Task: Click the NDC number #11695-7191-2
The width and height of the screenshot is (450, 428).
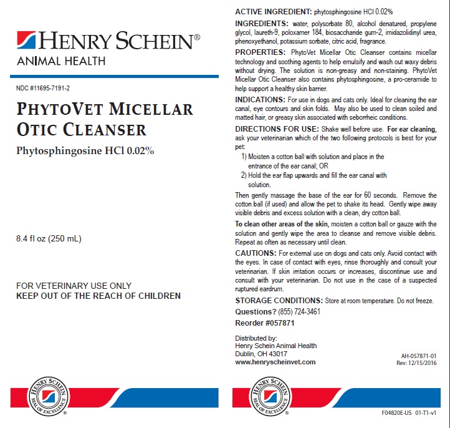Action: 43,87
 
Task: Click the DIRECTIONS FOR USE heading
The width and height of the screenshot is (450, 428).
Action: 276,129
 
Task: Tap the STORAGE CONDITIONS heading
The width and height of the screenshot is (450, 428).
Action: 278,300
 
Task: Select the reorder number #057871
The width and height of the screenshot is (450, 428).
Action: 264,323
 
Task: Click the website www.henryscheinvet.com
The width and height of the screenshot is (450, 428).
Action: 275,362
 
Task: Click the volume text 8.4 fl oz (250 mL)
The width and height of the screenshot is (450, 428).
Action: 49,238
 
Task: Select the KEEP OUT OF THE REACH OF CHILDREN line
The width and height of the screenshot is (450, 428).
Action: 98,296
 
